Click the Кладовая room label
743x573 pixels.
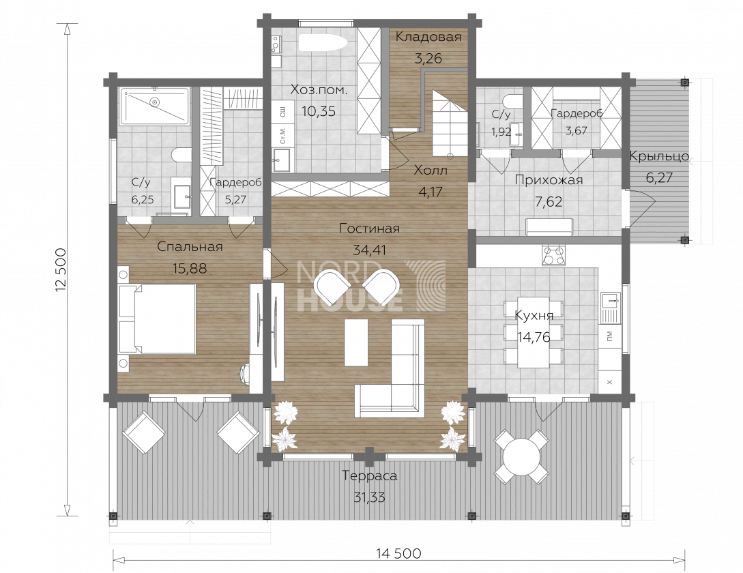tap(428, 37)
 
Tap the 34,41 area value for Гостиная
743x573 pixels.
tap(370, 250)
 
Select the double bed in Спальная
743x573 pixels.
tap(158, 319)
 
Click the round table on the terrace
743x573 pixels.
tap(521, 457)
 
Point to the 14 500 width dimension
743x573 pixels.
tap(398, 553)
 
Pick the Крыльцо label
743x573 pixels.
tap(659, 156)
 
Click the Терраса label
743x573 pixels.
tap(370, 476)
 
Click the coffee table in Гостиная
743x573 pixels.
tap(356, 342)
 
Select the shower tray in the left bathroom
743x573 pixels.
tap(154, 106)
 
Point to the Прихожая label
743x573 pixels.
tap(549, 180)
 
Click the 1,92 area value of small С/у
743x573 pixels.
tap(501, 132)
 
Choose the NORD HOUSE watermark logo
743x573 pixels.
tap(371, 286)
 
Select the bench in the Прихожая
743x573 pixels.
tap(550, 226)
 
